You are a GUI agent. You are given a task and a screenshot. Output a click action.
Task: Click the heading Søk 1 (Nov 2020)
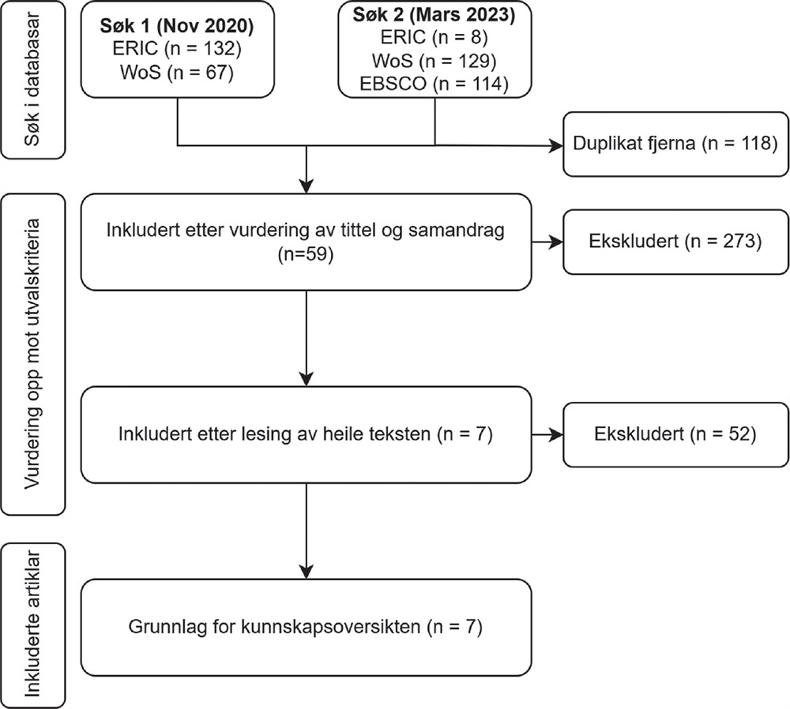177,26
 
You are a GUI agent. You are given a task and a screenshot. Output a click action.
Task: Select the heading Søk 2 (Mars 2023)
434,14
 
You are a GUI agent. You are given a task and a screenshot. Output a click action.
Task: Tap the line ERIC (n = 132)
177,49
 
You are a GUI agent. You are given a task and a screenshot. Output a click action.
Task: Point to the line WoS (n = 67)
177,73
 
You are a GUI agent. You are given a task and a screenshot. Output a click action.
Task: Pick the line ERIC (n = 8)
434,37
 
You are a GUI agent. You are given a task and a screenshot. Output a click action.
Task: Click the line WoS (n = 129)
434,61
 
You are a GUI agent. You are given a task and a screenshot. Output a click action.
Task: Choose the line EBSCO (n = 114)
434,84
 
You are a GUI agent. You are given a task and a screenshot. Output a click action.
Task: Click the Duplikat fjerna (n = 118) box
675,144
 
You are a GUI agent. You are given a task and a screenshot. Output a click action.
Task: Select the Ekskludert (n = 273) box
675,242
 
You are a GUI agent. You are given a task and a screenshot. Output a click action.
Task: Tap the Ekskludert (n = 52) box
675,434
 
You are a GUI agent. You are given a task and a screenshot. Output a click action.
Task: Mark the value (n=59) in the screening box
306,253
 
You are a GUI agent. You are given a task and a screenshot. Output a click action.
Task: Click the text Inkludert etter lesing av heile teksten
274,434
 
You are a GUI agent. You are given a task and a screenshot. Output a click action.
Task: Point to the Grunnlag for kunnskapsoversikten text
274,627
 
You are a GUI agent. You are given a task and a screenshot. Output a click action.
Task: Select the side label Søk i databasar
32,80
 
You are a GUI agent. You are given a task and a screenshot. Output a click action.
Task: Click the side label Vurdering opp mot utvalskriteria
32,354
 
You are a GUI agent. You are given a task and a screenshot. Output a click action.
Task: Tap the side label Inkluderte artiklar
32,625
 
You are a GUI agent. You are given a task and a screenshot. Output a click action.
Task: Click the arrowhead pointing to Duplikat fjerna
556,146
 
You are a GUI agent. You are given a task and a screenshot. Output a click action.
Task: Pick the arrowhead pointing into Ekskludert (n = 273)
556,242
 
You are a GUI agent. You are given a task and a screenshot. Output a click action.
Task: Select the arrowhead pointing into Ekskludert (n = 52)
556,434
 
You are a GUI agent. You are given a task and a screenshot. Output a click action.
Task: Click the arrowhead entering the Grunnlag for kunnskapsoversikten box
307,572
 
